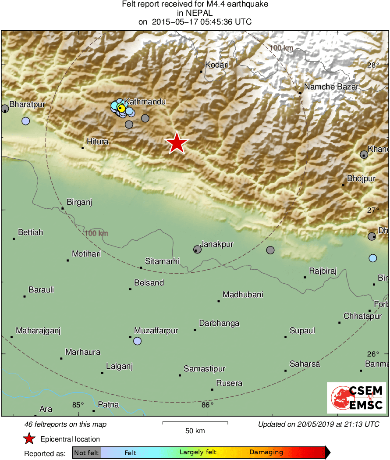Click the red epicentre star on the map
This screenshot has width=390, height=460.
click(177, 143)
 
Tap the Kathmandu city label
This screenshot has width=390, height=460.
click(145, 102)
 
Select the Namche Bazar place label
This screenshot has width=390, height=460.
click(331, 87)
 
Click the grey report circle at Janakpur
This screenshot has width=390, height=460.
click(197, 250)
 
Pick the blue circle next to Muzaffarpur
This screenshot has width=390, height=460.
click(138, 341)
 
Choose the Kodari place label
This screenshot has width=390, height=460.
click(217, 64)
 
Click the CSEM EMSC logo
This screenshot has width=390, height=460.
click(357, 397)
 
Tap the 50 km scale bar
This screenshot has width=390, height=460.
click(195, 423)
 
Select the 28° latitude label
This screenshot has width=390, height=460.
click(373, 65)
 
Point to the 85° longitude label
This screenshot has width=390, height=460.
click(78, 405)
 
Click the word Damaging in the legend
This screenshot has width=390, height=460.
click(266, 452)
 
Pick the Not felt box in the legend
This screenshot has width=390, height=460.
click(86, 453)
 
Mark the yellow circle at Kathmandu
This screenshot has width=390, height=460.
click(122, 108)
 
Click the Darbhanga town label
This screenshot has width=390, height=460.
click(219, 323)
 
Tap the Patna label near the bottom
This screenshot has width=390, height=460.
click(108, 405)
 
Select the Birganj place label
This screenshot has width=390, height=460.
click(79, 202)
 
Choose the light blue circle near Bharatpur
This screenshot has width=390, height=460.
click(25, 121)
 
